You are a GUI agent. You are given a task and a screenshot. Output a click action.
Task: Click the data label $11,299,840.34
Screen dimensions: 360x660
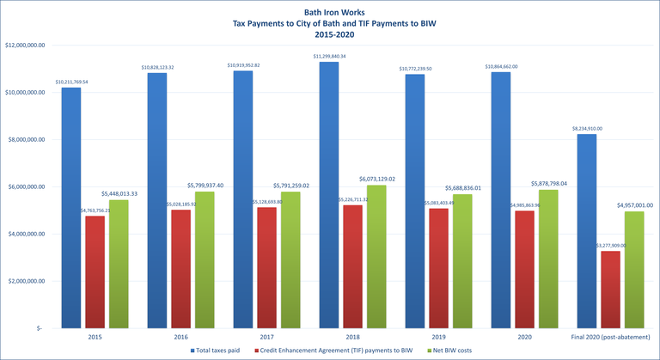(328, 56)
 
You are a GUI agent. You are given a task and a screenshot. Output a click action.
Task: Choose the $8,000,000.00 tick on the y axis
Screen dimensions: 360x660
(29, 139)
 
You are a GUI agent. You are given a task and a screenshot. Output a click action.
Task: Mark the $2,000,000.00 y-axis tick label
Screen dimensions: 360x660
(29, 281)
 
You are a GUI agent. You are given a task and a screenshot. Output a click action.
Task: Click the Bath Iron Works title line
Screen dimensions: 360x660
(329, 12)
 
